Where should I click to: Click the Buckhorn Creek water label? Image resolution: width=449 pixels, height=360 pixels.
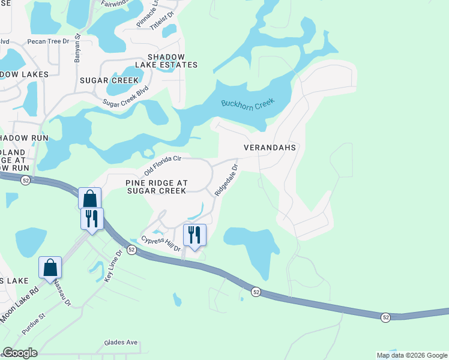[247, 103]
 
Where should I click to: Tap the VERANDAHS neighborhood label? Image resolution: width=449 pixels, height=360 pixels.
[271, 147]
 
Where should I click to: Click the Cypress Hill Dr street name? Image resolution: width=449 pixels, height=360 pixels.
[161, 244]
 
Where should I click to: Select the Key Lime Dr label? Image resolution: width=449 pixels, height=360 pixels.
[113, 266]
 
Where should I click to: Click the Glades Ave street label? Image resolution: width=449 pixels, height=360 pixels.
[121, 343]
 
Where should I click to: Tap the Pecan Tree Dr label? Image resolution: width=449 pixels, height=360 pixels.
[49, 42]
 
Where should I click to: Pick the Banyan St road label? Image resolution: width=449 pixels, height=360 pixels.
[77, 44]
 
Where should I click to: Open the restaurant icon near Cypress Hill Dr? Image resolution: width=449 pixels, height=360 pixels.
[194, 235]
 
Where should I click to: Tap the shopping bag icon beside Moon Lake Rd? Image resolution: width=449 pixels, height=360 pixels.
[50, 267]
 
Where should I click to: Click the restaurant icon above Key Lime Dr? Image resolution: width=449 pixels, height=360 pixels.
[92, 218]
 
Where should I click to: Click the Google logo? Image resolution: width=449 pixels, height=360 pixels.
[20, 353]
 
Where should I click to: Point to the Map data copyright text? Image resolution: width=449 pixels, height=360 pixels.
[411, 355]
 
